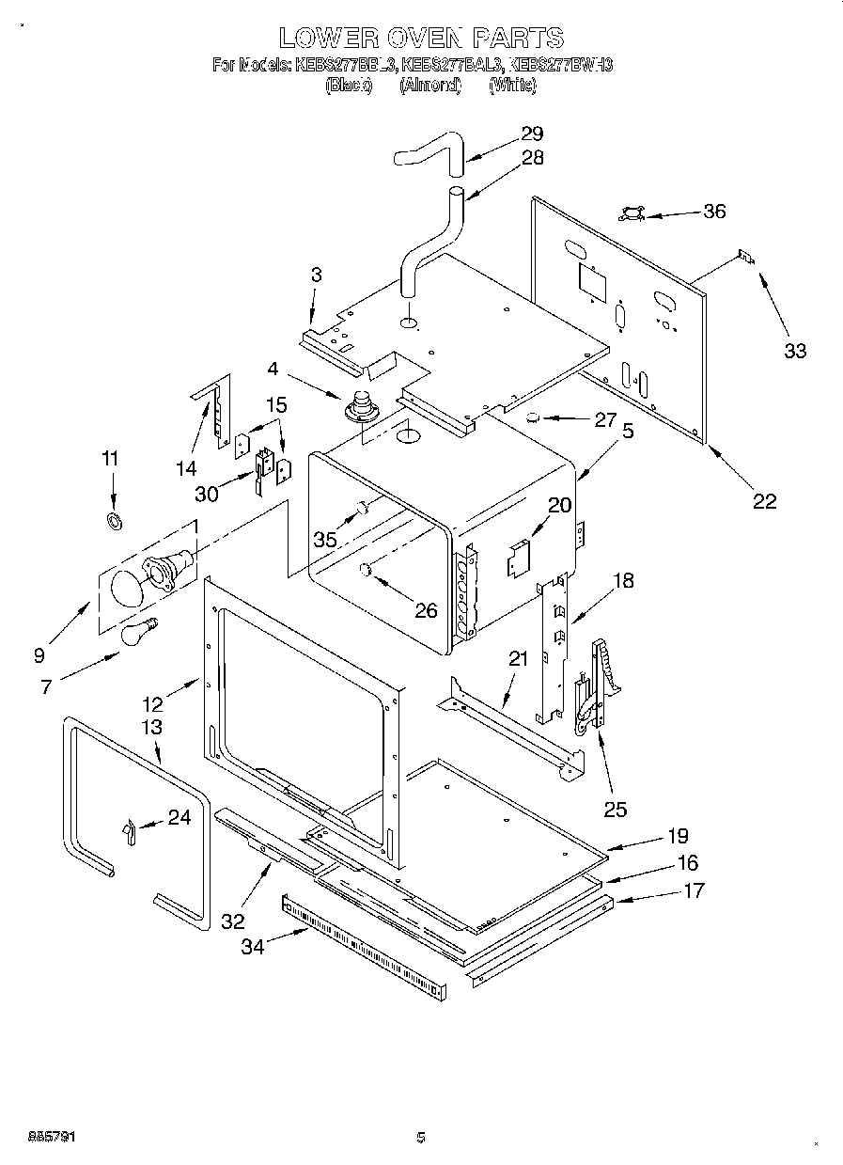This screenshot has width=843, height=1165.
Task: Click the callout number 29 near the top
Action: coord(532,134)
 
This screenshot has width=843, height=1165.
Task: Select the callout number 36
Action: coord(714,211)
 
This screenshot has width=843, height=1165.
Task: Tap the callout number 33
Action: coord(795,351)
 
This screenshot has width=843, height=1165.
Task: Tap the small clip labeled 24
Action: coord(129,828)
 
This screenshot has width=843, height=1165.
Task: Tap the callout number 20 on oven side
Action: coord(559,505)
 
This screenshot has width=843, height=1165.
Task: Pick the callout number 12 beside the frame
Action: coord(153,701)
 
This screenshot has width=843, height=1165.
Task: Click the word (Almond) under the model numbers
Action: coord(429,86)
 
